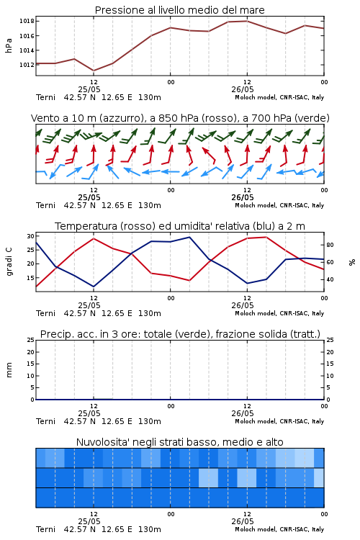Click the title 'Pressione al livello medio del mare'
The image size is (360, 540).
pos(179,10)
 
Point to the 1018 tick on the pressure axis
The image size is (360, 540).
pos(27,22)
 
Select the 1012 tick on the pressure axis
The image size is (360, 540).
pos(27,65)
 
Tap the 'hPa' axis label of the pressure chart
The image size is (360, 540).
pos(9,45)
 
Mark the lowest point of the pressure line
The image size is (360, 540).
pos(94,71)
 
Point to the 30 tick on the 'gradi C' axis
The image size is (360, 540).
pos(31,236)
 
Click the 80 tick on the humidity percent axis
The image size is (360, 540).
pos(330,246)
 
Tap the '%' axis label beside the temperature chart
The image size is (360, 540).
pos(352,262)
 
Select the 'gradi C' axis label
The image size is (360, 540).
pos(9,262)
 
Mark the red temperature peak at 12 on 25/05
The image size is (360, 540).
pos(94,238)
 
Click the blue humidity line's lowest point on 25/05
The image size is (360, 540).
pos(94,287)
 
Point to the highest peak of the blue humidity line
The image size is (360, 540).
pos(189,237)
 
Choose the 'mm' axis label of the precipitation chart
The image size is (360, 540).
pos(9,370)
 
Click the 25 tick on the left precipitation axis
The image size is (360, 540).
pos(31,340)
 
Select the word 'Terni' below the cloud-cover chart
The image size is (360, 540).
pos(45,529)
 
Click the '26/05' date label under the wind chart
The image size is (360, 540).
pos(243,197)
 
